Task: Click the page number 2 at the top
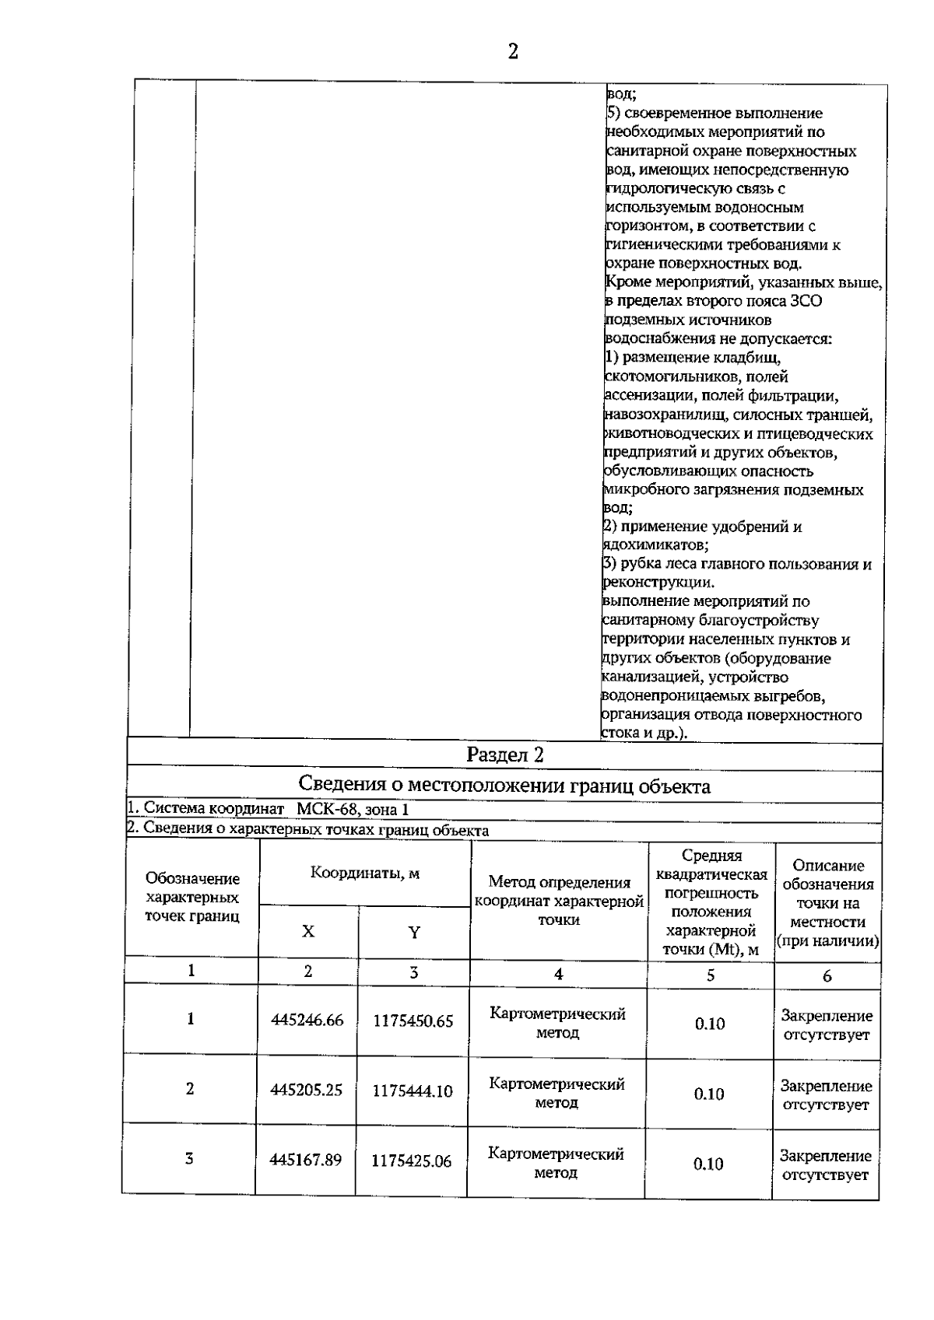point(512,52)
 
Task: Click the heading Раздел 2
point(504,755)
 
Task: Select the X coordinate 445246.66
point(307,1021)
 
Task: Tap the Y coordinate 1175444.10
point(412,1091)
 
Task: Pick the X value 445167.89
point(305,1160)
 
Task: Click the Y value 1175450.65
point(413,1021)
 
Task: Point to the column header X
point(308,931)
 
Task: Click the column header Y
point(414,932)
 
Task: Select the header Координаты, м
point(364,873)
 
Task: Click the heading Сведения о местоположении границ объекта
point(504,786)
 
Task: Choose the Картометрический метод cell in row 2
point(557,1093)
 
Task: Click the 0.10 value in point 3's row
point(708,1164)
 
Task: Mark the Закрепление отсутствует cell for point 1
point(826,1025)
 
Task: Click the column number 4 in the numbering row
point(557,973)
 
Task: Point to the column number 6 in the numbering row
point(827,975)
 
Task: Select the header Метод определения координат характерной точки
point(559,901)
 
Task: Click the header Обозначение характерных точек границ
point(192,897)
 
